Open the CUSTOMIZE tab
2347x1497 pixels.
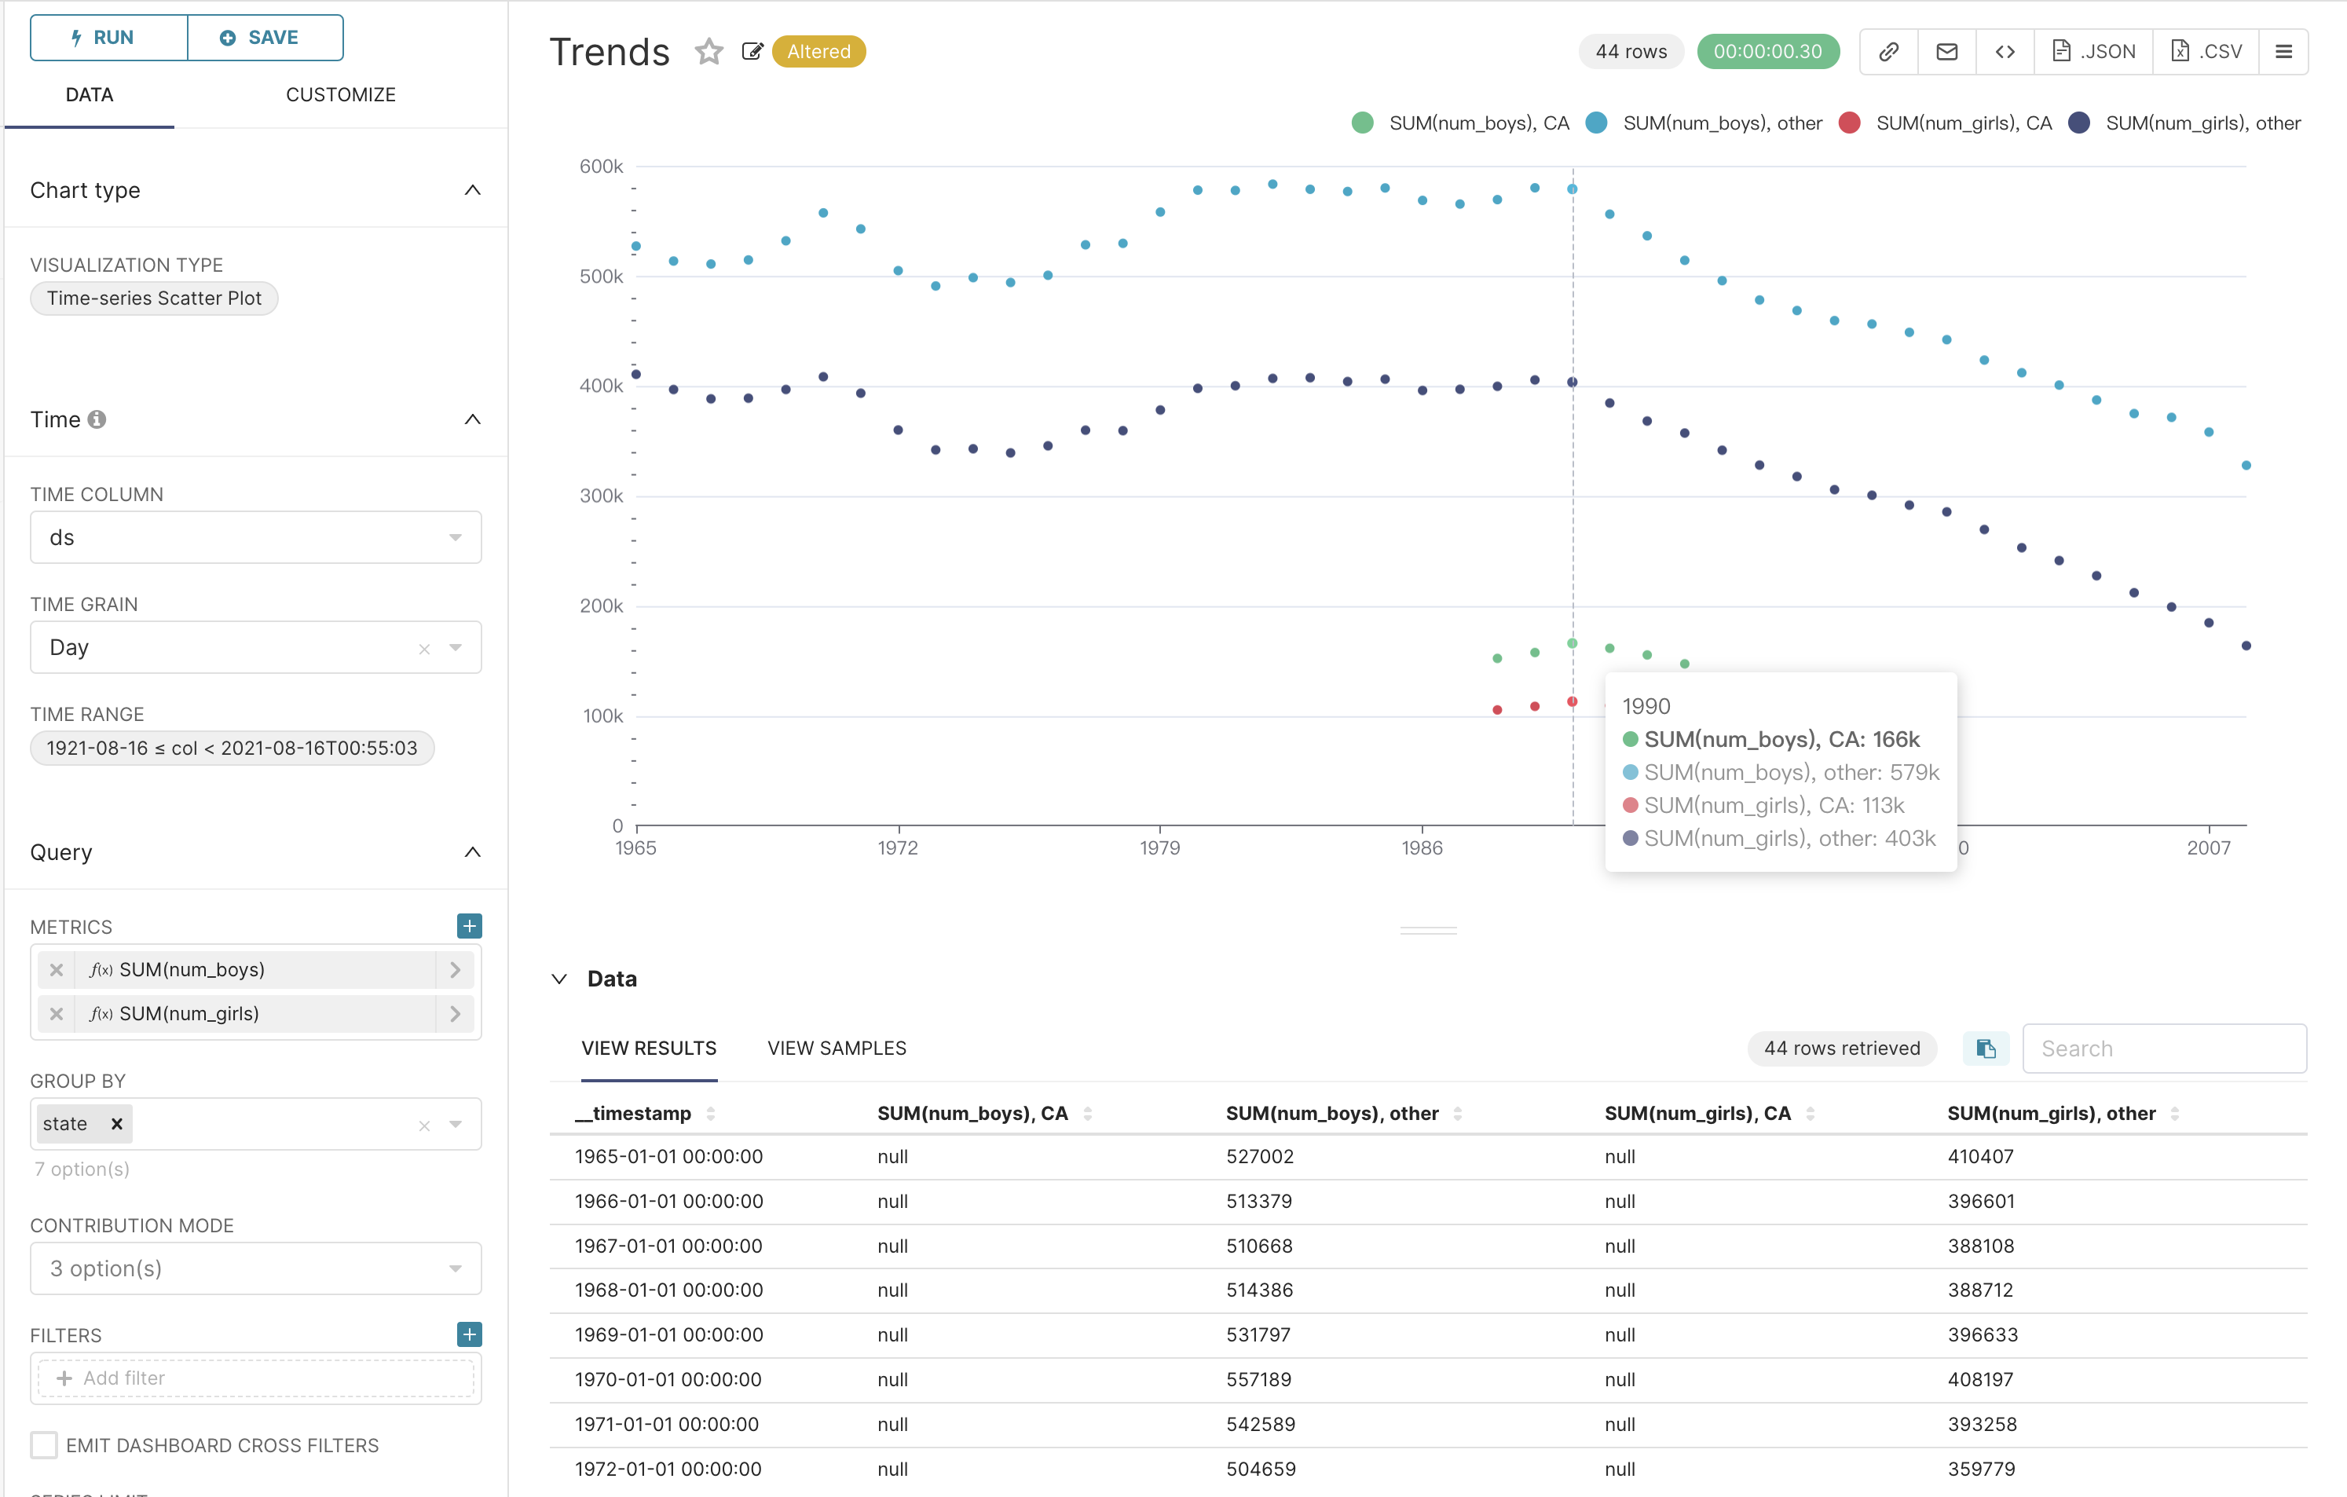[x=340, y=94]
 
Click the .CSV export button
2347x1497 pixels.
[x=2206, y=52]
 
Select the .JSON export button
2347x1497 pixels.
[x=2093, y=52]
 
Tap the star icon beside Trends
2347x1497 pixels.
[x=708, y=52]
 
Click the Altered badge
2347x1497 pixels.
[x=818, y=52]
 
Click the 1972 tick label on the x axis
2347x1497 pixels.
[x=897, y=848]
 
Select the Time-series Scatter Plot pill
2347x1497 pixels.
[x=154, y=298]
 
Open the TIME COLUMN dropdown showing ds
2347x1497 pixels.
[x=255, y=538]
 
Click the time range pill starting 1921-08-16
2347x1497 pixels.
[x=232, y=748]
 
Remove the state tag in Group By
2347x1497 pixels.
[x=117, y=1124]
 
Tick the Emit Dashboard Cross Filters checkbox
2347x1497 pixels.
[x=44, y=1445]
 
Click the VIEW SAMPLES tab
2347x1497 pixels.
[x=837, y=1049]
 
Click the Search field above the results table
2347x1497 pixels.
[x=2164, y=1049]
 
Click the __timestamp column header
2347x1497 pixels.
[x=634, y=1113]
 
